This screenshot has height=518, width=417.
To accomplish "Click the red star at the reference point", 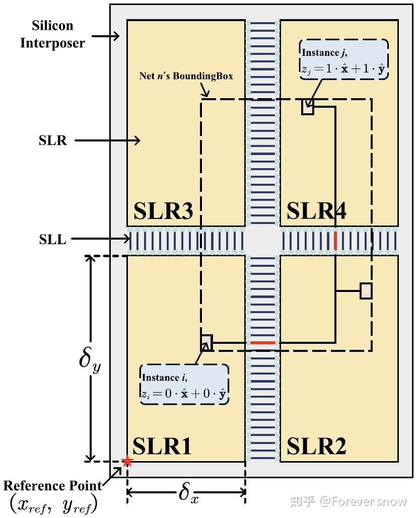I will click(x=127, y=461).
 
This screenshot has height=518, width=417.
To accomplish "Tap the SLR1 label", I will click(x=162, y=446).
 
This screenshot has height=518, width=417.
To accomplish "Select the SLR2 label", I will click(x=316, y=446).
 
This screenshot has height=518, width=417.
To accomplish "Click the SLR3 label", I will click(x=163, y=211).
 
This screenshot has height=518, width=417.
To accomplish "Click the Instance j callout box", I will click(x=344, y=60).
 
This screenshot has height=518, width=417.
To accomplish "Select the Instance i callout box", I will click(x=184, y=385).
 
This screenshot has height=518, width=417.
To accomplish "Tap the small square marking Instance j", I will click(x=308, y=107).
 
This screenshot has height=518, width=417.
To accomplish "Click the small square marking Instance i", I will click(x=206, y=342).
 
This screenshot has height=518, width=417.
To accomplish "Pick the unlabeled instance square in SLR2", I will click(x=366, y=291).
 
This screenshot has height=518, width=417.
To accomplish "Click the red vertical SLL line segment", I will click(x=335, y=241).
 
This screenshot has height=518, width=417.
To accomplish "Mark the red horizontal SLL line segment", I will click(x=262, y=343).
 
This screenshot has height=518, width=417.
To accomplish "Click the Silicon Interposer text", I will click(x=52, y=34).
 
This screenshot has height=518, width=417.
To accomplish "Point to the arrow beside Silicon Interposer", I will click(x=106, y=36).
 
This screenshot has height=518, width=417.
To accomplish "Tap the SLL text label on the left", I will click(x=52, y=240).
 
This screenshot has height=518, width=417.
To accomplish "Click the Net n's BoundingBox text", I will click(x=186, y=76).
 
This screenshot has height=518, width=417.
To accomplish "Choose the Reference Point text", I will click(x=52, y=486).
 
